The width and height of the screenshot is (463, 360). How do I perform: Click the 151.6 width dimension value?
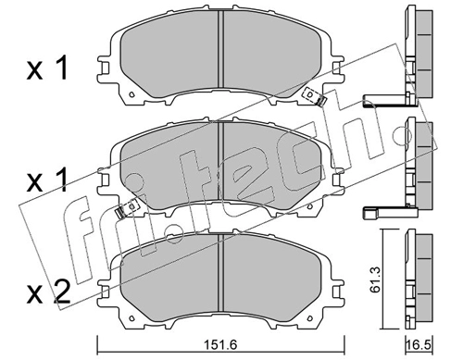(x=221, y=344)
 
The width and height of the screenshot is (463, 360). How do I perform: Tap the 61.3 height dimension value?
(x=376, y=279)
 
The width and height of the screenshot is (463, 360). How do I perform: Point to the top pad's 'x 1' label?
(x=47, y=69)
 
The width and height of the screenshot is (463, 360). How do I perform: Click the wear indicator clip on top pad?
(x=315, y=96)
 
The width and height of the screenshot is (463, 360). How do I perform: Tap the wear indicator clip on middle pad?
(x=126, y=209)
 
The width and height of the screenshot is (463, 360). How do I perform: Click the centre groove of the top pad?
(x=220, y=49)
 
